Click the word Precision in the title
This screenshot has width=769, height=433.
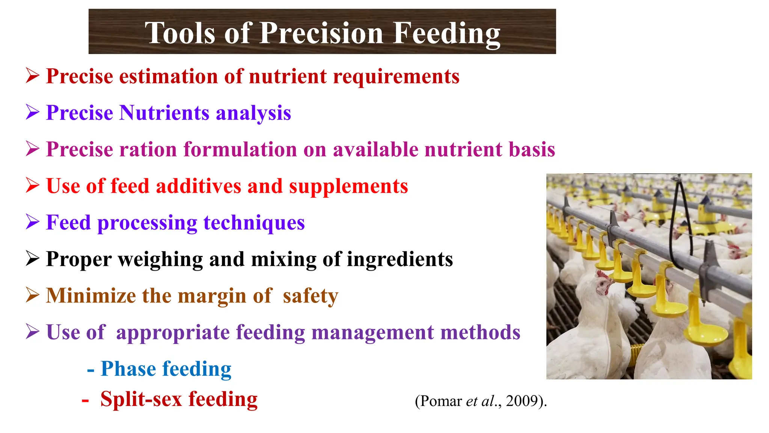(x=321, y=33)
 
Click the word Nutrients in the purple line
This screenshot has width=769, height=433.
(x=164, y=113)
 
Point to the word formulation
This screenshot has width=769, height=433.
(x=240, y=149)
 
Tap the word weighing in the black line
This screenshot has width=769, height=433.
(x=160, y=259)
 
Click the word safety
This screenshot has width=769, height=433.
(x=310, y=296)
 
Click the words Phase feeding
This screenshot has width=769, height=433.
(x=166, y=369)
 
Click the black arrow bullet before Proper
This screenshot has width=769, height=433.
(x=33, y=259)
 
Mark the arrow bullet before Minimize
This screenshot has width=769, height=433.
(x=33, y=295)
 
